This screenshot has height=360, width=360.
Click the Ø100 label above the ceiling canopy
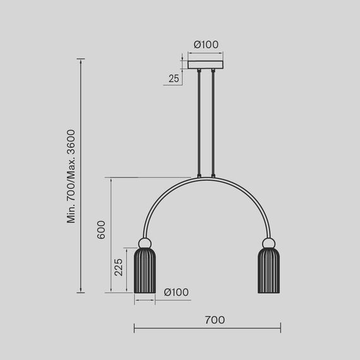[206, 45]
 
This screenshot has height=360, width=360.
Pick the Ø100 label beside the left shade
[176, 292]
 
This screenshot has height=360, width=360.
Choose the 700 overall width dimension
[215, 320]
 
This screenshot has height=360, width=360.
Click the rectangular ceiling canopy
[207, 64]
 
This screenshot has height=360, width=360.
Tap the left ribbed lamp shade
[145, 271]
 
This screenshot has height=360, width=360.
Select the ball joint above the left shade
[145, 243]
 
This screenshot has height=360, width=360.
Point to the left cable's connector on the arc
[200, 176]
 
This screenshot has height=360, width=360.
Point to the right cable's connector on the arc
[213, 176]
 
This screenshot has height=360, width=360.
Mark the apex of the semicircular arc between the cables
[207, 178]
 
